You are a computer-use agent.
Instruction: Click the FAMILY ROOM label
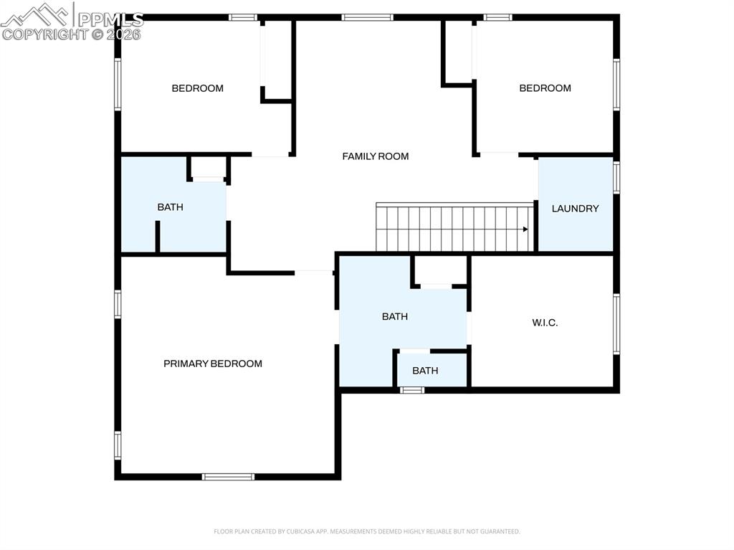click(x=375, y=156)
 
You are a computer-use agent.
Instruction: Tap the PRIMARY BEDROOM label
click(x=213, y=364)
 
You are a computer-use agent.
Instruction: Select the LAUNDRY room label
click(x=575, y=209)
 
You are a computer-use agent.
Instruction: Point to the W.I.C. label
click(x=545, y=323)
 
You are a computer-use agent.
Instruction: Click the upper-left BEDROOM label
click(x=197, y=88)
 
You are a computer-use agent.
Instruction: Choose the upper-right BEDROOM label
click(x=545, y=88)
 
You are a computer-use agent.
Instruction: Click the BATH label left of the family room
click(x=170, y=207)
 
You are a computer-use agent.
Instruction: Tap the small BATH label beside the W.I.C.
click(x=425, y=371)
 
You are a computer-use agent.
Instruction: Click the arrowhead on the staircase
click(x=525, y=229)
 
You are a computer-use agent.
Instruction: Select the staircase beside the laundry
click(x=455, y=228)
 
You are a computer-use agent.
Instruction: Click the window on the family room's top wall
click(x=367, y=17)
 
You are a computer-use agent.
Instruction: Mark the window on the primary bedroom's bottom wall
click(x=228, y=476)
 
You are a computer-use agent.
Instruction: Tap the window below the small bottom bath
click(x=411, y=390)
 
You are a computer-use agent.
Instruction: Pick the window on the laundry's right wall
click(x=616, y=177)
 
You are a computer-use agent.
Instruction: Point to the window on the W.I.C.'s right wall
click(x=616, y=323)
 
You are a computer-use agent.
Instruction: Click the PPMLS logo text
click(x=110, y=19)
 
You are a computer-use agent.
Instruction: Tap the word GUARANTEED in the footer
click(x=499, y=531)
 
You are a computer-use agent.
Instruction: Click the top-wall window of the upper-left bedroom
click(x=243, y=17)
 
